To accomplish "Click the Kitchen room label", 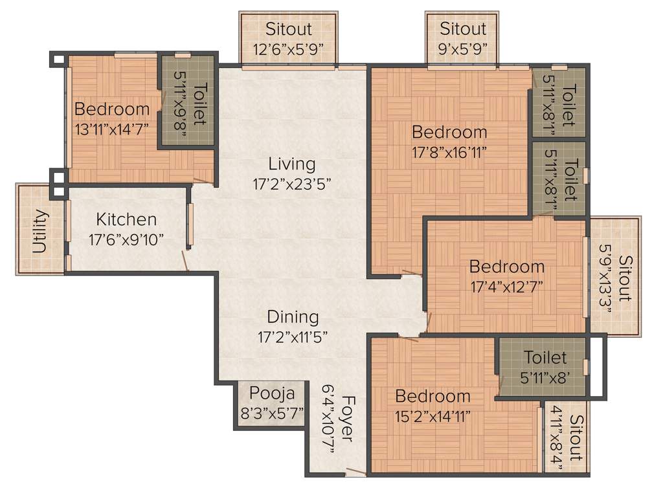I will [126, 219].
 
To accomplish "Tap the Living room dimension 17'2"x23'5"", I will [292, 184].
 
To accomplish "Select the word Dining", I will [293, 317].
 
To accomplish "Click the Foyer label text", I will [347, 419].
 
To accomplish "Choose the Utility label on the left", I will [39, 231].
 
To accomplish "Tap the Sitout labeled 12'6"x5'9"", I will [289, 29].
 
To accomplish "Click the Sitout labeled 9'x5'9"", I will [462, 29].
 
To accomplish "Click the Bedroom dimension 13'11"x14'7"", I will [111, 128].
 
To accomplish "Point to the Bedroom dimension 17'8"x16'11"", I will [449, 152].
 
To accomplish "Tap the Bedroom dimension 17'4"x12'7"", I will [507, 286].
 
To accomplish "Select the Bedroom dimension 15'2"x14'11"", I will [433, 415].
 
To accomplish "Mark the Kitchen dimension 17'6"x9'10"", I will [126, 239].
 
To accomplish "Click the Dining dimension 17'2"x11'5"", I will [293, 337].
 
